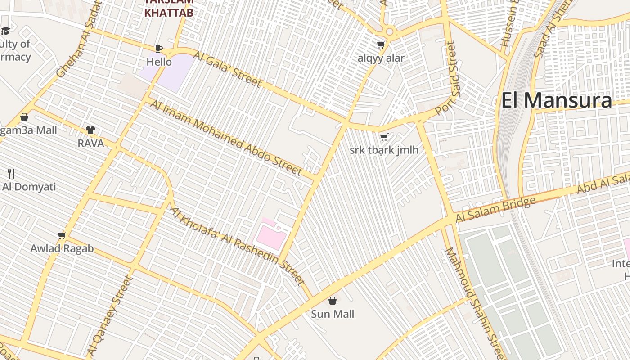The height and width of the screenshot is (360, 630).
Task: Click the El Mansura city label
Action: pyautogui.click(x=557, y=100)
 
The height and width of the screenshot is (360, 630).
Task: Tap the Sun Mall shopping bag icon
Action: pyautogui.click(x=333, y=301)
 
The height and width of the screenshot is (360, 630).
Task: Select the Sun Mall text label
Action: pyautogui.click(x=333, y=314)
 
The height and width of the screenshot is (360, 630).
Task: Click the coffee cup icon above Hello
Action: pyautogui.click(x=158, y=49)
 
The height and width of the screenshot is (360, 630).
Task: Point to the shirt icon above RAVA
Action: pyautogui.click(x=90, y=130)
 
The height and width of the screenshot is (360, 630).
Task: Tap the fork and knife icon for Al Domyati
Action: pyautogui.click(x=11, y=173)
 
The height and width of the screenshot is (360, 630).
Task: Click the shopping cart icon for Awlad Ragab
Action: pyautogui.click(x=62, y=235)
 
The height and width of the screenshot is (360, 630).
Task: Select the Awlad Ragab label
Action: pyautogui.click(x=62, y=248)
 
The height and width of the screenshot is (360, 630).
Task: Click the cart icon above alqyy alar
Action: pyautogui.click(x=381, y=45)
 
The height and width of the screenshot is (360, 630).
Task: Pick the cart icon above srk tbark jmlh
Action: pyautogui.click(x=384, y=137)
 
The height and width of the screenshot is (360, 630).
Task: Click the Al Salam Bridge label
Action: pyautogui.click(x=495, y=210)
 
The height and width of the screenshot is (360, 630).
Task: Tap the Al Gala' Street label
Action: pyautogui.click(x=227, y=68)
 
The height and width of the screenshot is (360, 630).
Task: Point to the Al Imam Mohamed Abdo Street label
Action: pyautogui.click(x=226, y=138)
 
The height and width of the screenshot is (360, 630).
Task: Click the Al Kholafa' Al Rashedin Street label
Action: pyautogui.click(x=238, y=246)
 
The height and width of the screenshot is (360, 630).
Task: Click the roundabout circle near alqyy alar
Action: pyautogui.click(x=390, y=31)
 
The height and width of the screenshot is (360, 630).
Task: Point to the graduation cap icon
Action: pyautogui.click(x=5, y=31)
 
